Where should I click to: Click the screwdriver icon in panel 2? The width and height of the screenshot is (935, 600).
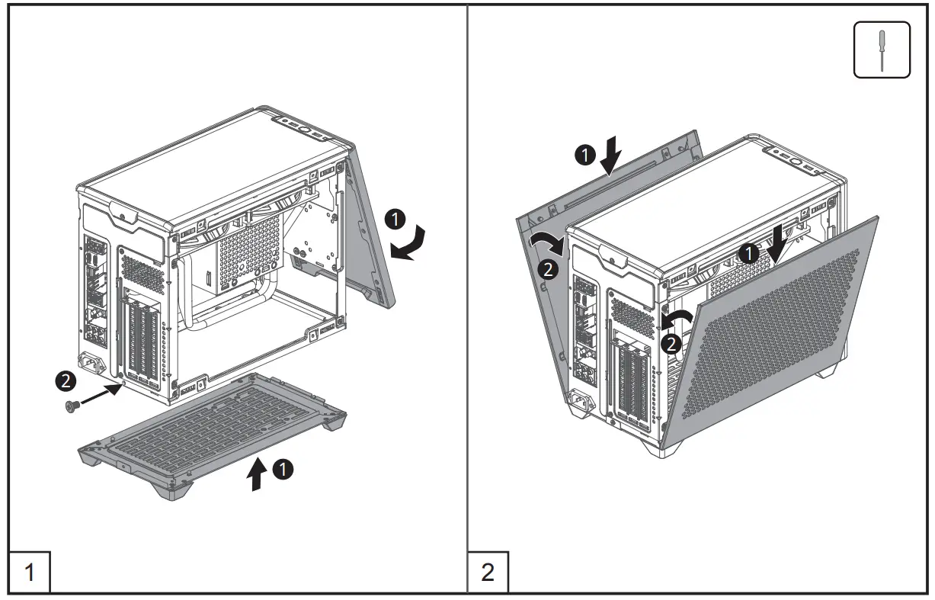tap(882, 50)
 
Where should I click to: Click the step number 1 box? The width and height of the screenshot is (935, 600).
tap(30, 572)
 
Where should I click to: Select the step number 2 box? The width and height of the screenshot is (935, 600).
tap(488, 572)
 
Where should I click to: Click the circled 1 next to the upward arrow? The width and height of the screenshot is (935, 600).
tap(283, 470)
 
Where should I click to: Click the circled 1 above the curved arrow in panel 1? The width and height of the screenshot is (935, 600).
tap(394, 220)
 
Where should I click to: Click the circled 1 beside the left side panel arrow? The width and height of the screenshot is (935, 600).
tap(584, 156)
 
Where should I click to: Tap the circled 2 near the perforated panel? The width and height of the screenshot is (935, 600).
tap(670, 345)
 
